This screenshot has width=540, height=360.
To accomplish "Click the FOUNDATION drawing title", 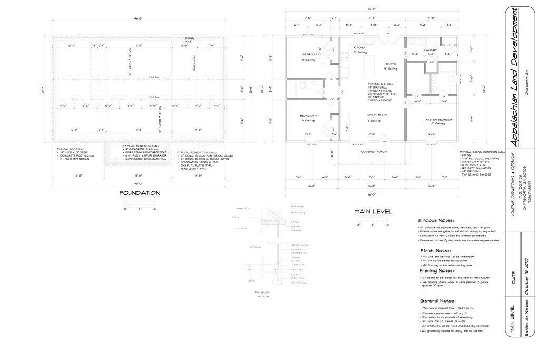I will (x=140, y=193).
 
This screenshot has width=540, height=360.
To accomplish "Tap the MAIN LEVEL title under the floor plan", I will (x=373, y=211).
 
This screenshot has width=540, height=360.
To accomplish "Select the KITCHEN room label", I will (x=360, y=47).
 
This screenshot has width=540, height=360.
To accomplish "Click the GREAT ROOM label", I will (x=377, y=114).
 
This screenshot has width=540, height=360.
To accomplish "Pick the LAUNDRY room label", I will (x=431, y=50).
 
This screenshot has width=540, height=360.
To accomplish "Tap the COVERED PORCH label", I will (x=374, y=151).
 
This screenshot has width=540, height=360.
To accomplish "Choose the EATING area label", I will (x=390, y=63).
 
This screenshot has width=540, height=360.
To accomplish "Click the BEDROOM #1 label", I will (x=308, y=115).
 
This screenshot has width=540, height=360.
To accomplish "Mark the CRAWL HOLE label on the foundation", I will (x=189, y=40).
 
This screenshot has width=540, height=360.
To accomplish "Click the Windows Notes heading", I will (x=435, y=220).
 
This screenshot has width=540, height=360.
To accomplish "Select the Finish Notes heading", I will (x=435, y=250).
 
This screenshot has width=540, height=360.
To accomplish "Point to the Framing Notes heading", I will (x=436, y=270).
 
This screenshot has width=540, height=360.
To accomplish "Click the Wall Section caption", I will (x=262, y=291).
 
